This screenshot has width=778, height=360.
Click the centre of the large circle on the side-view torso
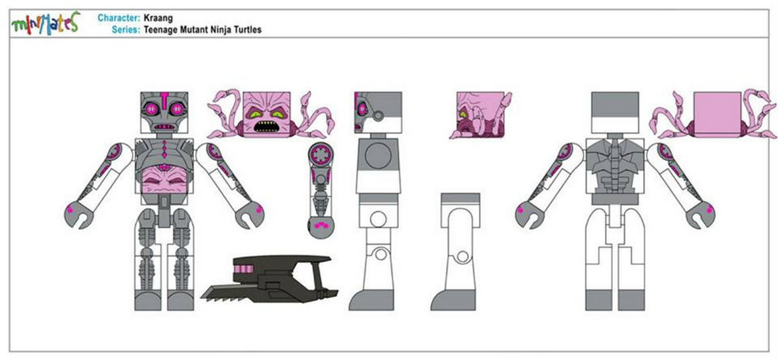point(378,156)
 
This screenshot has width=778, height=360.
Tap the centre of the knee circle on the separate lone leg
point(462,257)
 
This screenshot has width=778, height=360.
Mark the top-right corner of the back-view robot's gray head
point(638,93)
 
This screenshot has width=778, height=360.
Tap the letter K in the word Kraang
point(146,18)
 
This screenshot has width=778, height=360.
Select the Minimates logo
point(45,24)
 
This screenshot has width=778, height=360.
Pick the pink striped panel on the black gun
point(243,269)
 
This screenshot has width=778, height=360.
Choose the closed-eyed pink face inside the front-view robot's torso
point(164,180)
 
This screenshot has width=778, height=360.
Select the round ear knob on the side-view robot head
point(378,117)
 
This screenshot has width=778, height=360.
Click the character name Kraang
point(158,18)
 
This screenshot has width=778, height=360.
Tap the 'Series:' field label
point(126,29)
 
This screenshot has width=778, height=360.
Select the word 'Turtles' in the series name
point(247,29)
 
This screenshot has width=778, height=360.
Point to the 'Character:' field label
point(119,18)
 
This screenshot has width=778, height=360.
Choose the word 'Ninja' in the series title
point(221,29)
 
